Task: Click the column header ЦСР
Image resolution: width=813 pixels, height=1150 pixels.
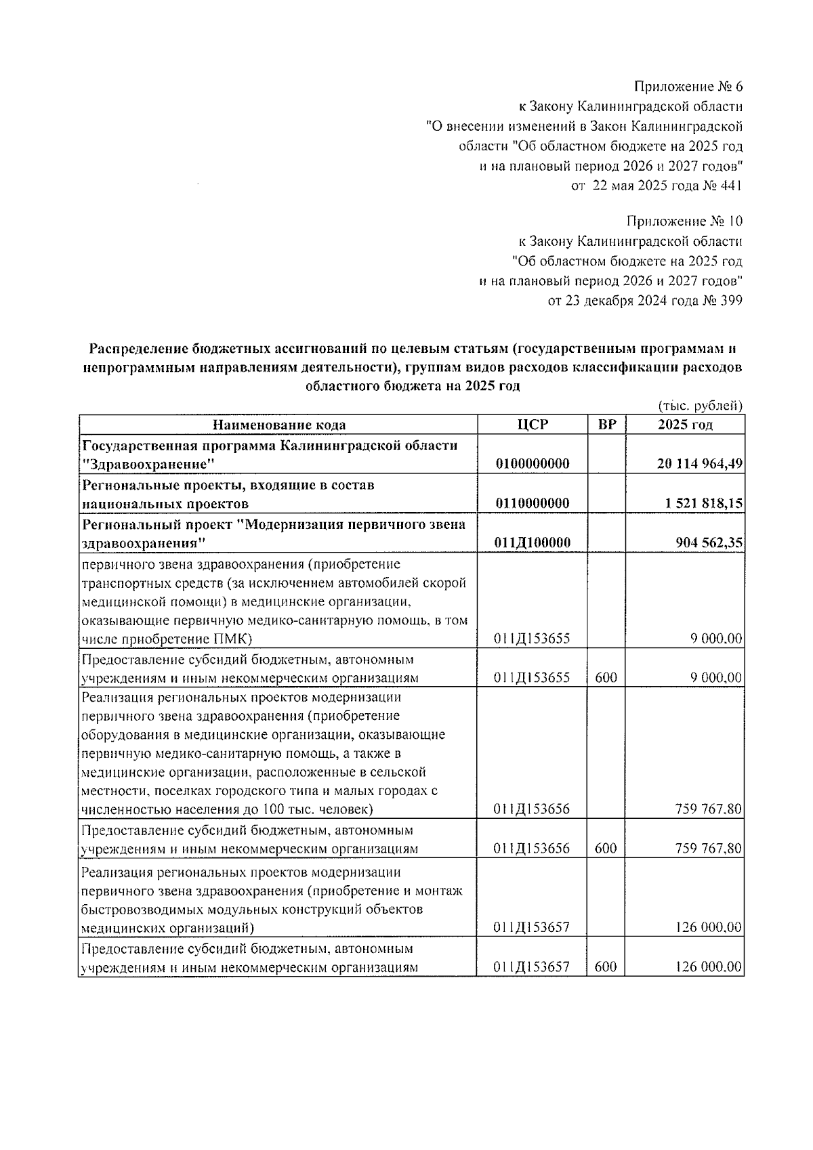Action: (532, 425)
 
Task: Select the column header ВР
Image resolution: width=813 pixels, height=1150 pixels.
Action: (606, 425)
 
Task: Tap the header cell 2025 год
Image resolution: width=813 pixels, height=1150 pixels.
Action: (684, 425)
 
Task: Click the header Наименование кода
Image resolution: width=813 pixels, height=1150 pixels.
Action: (278, 425)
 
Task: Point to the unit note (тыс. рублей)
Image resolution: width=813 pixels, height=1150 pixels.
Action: (701, 406)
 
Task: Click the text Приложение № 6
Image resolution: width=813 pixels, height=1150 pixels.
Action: (688, 87)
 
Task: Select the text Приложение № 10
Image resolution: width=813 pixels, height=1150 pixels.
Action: (684, 221)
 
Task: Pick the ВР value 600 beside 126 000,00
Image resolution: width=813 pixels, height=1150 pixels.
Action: (606, 966)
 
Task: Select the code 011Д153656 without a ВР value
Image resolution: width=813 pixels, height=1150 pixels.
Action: (532, 809)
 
